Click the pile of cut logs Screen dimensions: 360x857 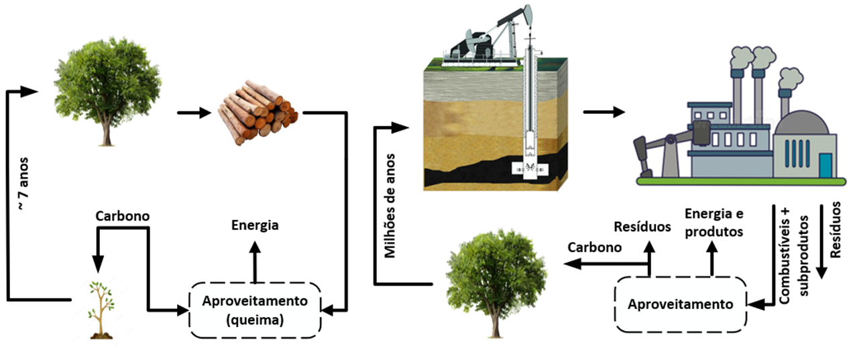point(257,112)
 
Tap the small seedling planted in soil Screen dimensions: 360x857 point(101,308)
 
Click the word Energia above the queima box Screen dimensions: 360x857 point(255,225)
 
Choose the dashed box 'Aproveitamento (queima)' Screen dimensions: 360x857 point(255,310)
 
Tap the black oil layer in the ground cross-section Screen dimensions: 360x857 point(483,171)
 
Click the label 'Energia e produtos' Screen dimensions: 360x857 point(713,223)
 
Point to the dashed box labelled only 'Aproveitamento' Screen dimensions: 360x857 point(681,304)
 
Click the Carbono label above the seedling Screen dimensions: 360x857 point(122,217)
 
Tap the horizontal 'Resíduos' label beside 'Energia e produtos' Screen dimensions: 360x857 point(642,227)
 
